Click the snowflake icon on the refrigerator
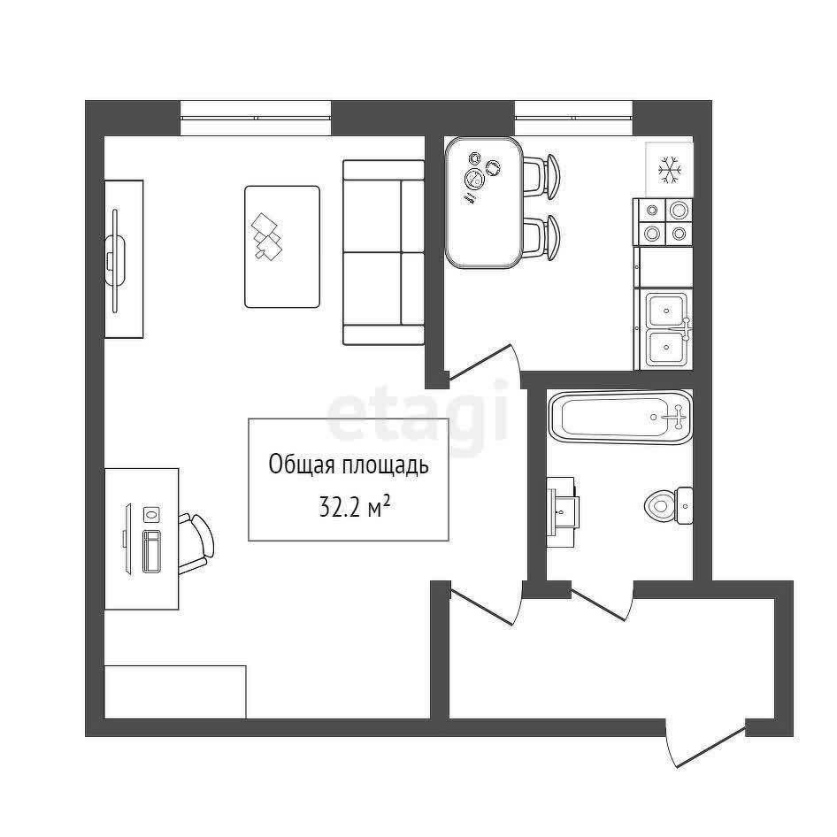pyautogui.click(x=670, y=170)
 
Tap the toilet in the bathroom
pyautogui.click(x=668, y=505)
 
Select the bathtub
pyautogui.click(x=620, y=418)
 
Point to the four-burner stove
pyautogui.click(x=663, y=222)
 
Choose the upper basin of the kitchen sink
pyautogui.click(x=666, y=310)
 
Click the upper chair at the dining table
pyautogui.click(x=541, y=175)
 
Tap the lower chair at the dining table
pyautogui.click(x=541, y=237)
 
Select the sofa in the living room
pyautogui.click(x=384, y=252)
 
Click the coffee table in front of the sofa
pyautogui.click(x=282, y=247)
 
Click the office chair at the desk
pyautogui.click(x=196, y=544)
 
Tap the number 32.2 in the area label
pyautogui.click(x=339, y=508)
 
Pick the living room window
pyautogui.click(x=256, y=118)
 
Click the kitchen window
pyautogui.click(x=574, y=118)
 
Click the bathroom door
pyautogui.click(x=601, y=603)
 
